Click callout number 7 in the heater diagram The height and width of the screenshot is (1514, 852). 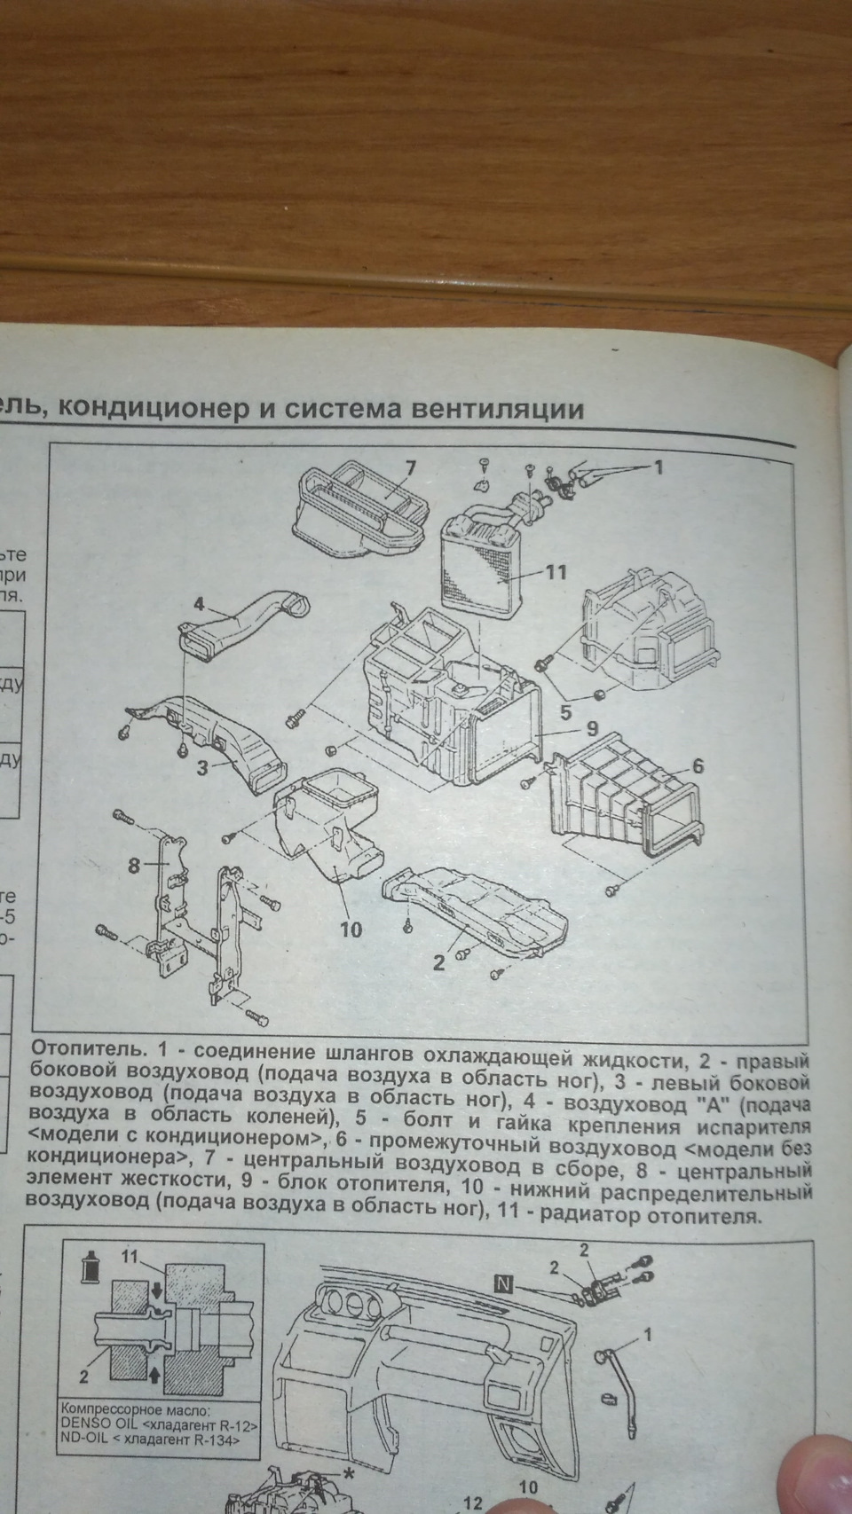pos(411,467)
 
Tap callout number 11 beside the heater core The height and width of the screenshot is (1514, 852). pos(555,572)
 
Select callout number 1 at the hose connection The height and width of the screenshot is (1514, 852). pos(659,467)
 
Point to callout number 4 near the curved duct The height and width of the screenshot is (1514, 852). pos(199,606)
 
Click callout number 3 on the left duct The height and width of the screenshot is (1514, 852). pos(202,768)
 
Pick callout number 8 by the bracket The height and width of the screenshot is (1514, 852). pos(134,866)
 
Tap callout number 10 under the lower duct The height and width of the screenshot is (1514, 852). pos(351,930)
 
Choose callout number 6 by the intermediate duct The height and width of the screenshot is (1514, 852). pos(698,765)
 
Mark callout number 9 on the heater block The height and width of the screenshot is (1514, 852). pos(592,732)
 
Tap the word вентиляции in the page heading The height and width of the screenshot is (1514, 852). pos(494,410)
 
